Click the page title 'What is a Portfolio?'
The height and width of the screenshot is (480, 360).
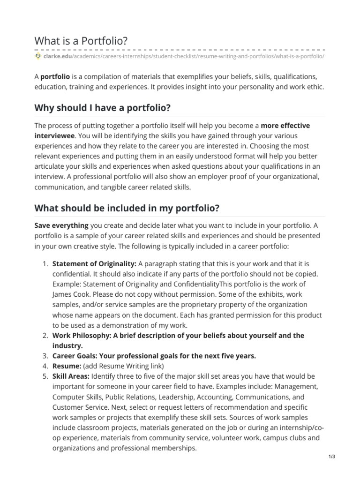tap(81, 41)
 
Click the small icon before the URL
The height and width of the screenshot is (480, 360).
tap(38, 56)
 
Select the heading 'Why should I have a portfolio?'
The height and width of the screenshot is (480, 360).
tap(102, 108)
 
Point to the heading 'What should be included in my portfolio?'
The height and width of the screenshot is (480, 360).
tap(127, 207)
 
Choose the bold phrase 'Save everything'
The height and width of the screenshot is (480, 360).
tap(61, 225)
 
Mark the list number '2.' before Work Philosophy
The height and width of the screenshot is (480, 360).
tap(45, 336)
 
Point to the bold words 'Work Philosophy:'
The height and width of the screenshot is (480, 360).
tap(82, 336)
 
